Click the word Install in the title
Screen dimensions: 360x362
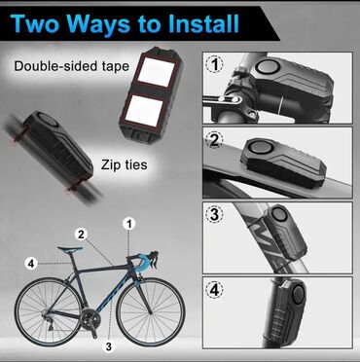[x=196, y=23]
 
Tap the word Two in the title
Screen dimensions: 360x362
[x=36, y=23]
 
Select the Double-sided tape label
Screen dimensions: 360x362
[x=72, y=66]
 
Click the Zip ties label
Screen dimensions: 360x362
[x=124, y=164]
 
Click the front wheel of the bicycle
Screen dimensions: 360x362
[x=151, y=312]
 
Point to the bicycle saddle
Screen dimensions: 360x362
[x=70, y=249]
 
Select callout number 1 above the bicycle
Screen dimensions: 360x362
[x=129, y=224]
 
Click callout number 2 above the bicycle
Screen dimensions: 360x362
[x=81, y=235]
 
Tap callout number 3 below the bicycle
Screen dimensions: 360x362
[x=109, y=346]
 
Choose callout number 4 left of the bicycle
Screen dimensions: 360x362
[x=31, y=264]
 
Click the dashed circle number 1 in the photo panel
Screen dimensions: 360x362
[x=215, y=64]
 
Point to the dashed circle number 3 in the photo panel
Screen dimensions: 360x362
[x=214, y=214]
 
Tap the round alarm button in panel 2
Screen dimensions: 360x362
[x=261, y=149]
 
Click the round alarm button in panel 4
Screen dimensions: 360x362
[x=299, y=294]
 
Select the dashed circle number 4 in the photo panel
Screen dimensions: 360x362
[x=214, y=290]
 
